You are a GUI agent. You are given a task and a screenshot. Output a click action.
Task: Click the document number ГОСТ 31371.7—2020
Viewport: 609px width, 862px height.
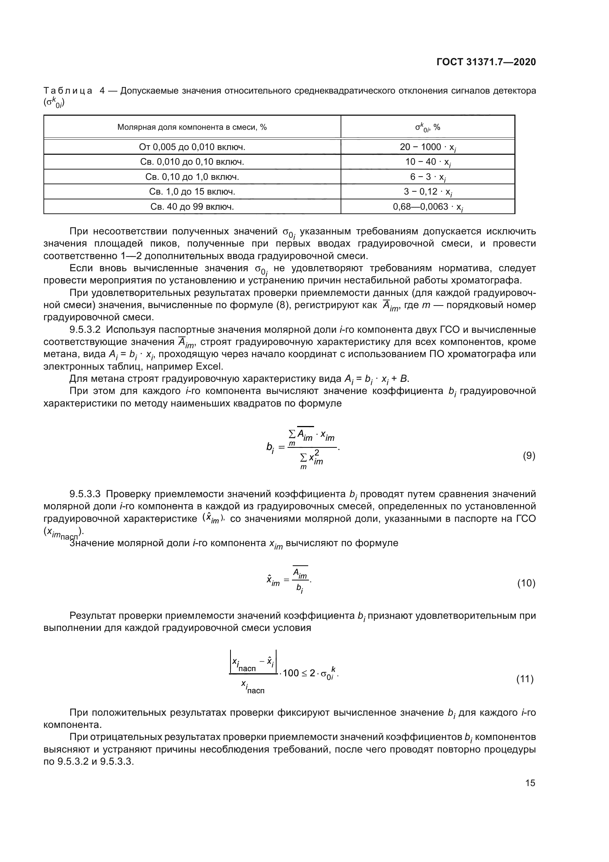tap(486, 62)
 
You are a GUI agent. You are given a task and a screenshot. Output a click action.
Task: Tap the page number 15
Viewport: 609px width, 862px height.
tap(530, 783)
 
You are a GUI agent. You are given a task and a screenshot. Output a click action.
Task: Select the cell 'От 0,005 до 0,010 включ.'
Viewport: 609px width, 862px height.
tap(192, 147)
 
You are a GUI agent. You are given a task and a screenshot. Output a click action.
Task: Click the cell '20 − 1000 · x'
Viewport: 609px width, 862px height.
tap(427, 147)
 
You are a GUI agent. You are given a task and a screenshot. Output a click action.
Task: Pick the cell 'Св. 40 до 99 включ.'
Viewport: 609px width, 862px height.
tap(192, 206)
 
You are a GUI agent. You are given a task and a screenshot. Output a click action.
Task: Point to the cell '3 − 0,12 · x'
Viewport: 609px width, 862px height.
tap(427, 192)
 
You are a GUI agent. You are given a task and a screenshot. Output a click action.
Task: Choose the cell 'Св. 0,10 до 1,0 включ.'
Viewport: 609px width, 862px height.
tap(192, 177)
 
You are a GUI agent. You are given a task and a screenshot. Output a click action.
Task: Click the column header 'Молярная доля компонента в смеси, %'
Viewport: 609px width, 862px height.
tap(192, 127)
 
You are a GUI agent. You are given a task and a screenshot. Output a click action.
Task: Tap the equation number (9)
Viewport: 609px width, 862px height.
tap(529, 456)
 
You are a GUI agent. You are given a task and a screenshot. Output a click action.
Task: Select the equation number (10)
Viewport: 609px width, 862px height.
tap(526, 583)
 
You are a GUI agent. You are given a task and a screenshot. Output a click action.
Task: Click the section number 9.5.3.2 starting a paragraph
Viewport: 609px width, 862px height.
tap(85, 329)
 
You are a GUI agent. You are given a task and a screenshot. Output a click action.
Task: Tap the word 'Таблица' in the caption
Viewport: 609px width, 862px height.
tap(68, 91)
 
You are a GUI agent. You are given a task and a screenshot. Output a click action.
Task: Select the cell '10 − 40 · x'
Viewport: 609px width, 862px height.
tap(427, 162)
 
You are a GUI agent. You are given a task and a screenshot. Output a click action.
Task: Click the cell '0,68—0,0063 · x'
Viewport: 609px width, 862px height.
tap(427, 206)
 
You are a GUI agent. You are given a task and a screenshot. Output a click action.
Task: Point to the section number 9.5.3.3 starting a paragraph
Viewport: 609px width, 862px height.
tap(85, 494)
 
